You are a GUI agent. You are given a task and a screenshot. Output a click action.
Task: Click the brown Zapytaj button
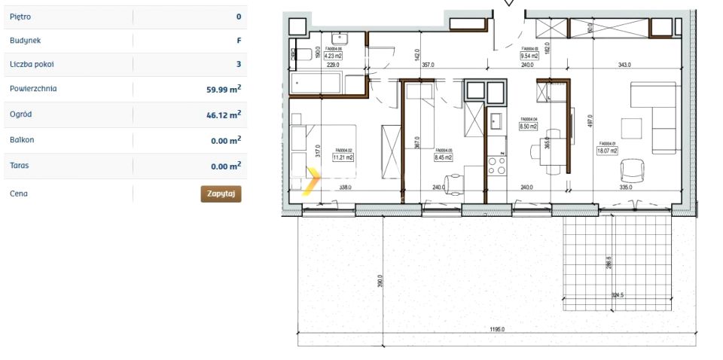tap(221, 194)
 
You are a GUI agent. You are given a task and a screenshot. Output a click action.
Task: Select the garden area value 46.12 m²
tap(224, 114)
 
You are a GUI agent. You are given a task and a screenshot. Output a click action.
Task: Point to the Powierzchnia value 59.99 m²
tap(224, 89)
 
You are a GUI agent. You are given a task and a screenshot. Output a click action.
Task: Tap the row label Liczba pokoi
tap(32, 65)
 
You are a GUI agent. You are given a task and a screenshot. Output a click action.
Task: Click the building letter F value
tap(239, 41)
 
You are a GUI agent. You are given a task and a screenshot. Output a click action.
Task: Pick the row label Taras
tap(21, 166)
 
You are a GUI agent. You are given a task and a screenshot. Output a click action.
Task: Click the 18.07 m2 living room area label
tap(607, 151)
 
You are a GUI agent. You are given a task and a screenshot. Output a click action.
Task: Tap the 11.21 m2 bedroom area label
tap(344, 157)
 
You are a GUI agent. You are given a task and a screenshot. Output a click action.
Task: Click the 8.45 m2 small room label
tap(443, 157)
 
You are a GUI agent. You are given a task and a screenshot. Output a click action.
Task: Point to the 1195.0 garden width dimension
tap(495, 329)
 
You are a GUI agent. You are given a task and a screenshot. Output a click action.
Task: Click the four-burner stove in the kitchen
tap(497, 165)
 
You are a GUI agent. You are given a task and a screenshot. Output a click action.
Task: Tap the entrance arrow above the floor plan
tap(508, 3)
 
